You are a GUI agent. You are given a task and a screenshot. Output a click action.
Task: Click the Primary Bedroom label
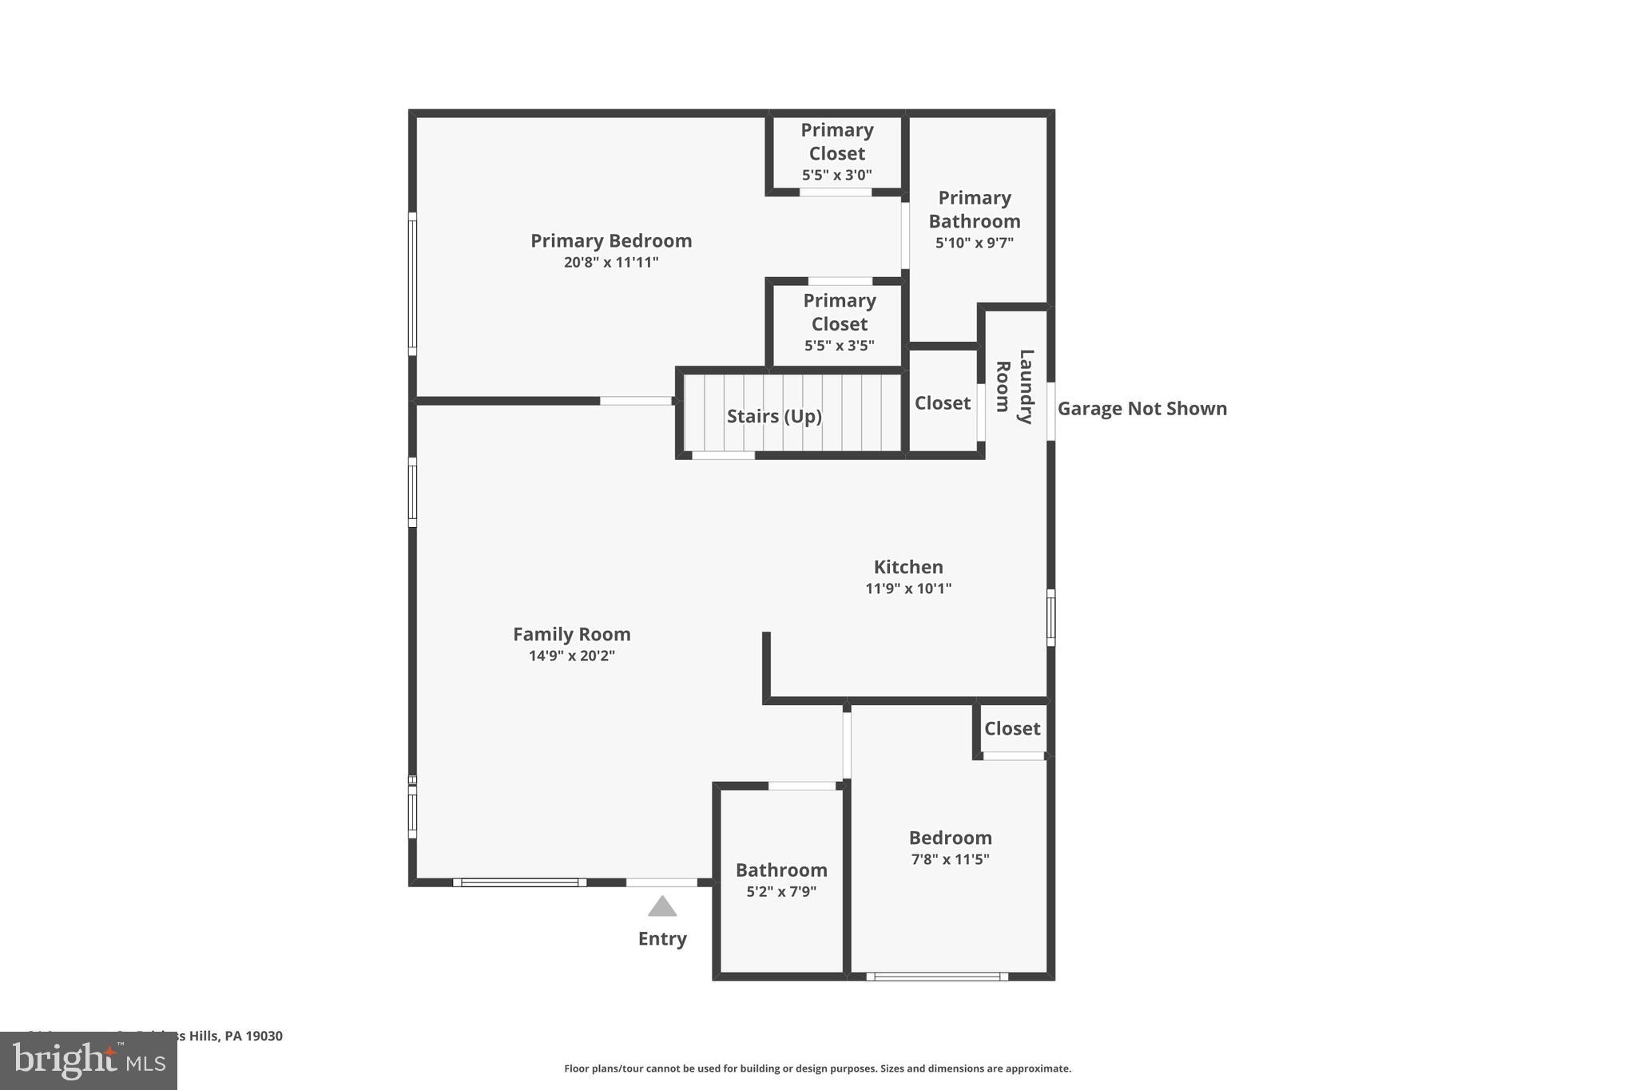[611, 240]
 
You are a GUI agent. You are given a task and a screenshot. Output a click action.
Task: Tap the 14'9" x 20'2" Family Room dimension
[571, 656]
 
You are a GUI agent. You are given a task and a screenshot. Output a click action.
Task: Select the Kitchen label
[908, 567]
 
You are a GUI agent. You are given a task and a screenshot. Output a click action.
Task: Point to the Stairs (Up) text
[774, 416]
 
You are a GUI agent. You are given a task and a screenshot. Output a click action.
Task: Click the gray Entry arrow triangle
[662, 907]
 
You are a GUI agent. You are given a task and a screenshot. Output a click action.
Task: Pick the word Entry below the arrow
[662, 938]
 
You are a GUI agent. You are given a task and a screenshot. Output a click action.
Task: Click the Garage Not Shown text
[1142, 409]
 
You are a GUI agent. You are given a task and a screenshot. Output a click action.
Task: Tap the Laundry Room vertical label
[1015, 386]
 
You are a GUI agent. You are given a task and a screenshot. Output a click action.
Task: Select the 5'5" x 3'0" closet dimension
[836, 175]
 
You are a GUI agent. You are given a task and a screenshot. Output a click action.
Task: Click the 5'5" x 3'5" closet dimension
[839, 346]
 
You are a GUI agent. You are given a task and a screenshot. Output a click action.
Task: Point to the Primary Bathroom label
[974, 209]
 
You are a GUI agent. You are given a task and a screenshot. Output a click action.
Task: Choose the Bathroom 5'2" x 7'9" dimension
[781, 892]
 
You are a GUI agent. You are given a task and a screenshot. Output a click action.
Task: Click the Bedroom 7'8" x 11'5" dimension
[950, 859]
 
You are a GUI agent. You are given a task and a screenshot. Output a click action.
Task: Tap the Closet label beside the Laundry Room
[943, 403]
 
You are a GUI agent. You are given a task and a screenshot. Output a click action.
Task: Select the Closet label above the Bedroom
[1012, 728]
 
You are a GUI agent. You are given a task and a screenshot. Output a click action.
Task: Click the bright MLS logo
[89, 1060]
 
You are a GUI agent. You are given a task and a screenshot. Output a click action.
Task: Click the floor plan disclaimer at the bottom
[817, 1068]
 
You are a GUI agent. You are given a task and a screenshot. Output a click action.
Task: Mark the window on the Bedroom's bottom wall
[937, 976]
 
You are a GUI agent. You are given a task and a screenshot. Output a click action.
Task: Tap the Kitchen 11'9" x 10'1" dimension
[908, 589]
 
